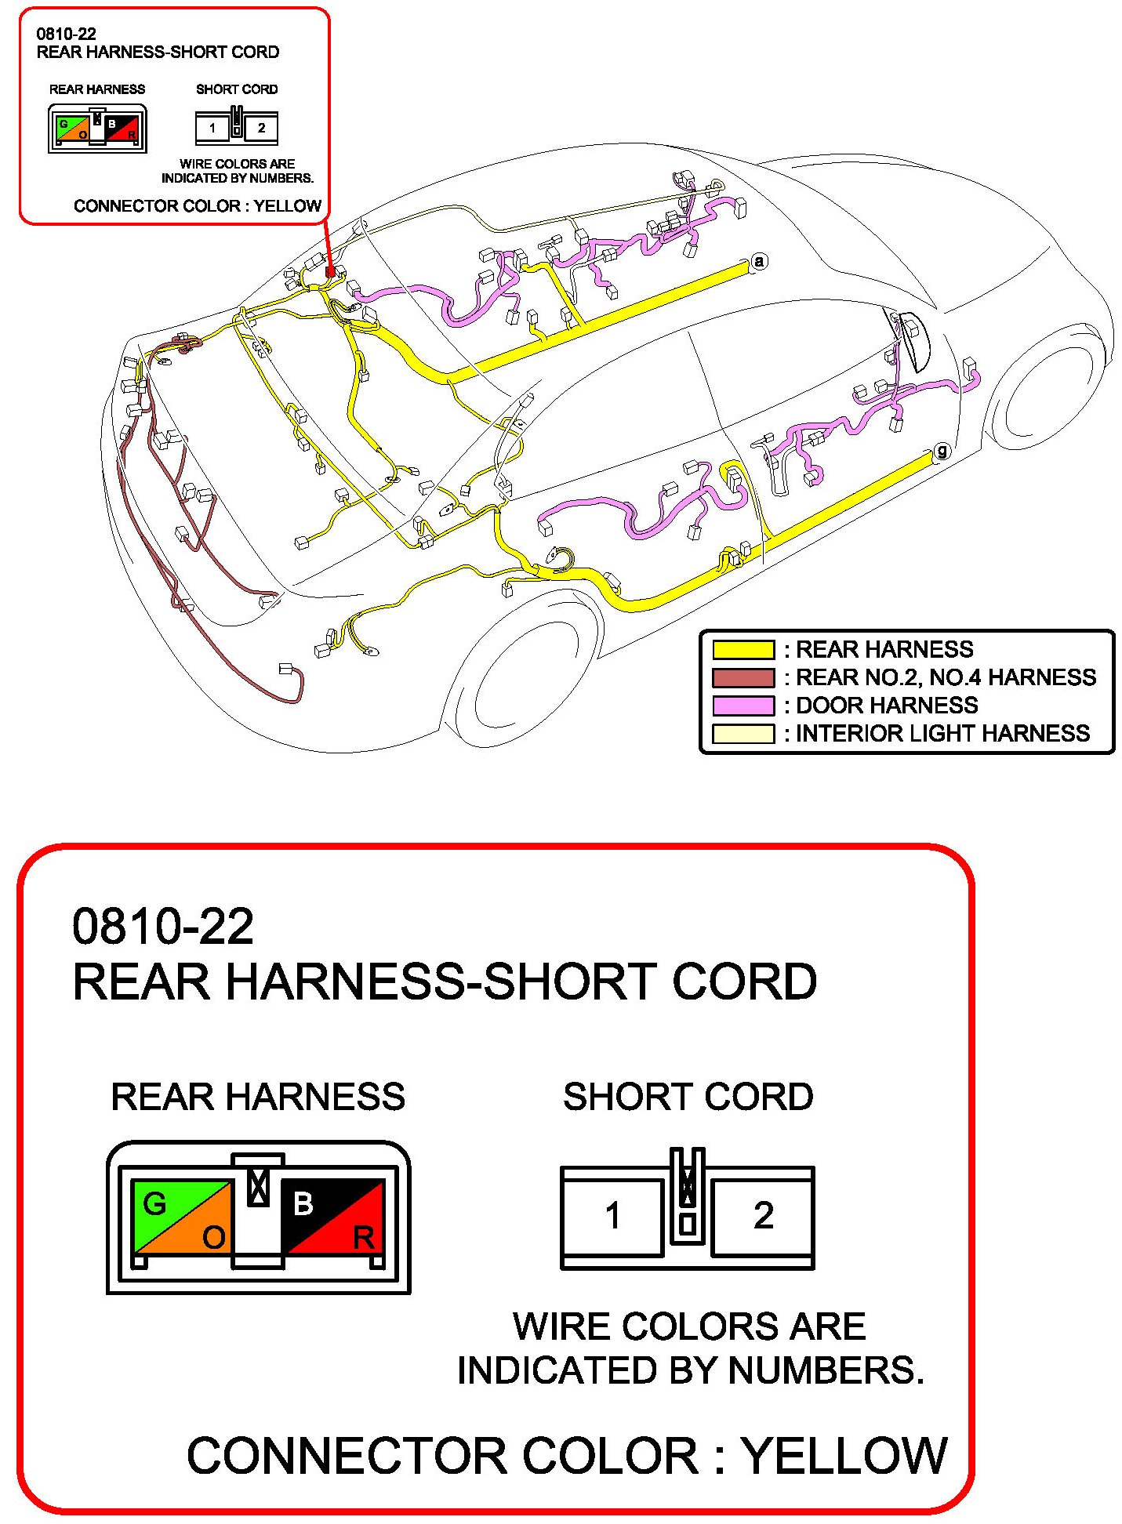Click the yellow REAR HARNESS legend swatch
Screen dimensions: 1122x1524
point(743,649)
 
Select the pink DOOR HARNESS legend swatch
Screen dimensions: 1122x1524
point(743,706)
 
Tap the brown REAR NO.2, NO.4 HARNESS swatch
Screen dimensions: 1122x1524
point(743,677)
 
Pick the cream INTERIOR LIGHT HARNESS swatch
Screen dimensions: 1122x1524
point(743,734)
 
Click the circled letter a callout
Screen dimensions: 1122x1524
point(758,262)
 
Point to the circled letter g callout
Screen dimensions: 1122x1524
point(942,451)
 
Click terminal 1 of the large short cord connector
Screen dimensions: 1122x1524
point(613,1216)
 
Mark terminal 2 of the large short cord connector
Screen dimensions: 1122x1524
point(763,1216)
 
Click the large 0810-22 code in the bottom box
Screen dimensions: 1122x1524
point(163,926)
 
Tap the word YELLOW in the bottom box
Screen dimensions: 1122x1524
point(844,1455)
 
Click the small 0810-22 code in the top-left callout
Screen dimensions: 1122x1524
point(66,34)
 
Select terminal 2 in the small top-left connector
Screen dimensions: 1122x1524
point(261,128)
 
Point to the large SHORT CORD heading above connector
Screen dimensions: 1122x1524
point(688,1097)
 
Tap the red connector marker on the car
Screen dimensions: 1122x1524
point(330,272)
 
